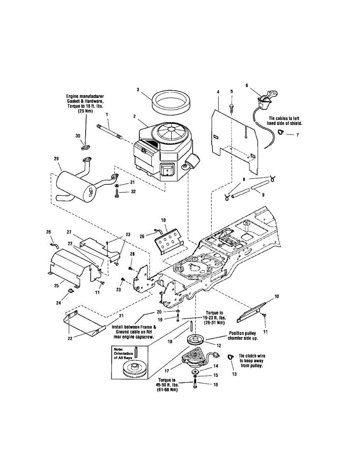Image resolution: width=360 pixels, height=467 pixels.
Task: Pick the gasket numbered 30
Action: coord(86,148)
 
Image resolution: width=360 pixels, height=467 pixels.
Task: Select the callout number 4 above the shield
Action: coord(218,92)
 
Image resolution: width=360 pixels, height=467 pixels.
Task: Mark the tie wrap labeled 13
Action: coord(230,357)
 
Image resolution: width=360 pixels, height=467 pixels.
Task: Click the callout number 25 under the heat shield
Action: coord(56,286)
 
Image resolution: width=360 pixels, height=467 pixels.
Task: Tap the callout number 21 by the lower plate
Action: coord(121,315)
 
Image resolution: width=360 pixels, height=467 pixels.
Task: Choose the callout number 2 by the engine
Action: coord(134,116)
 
